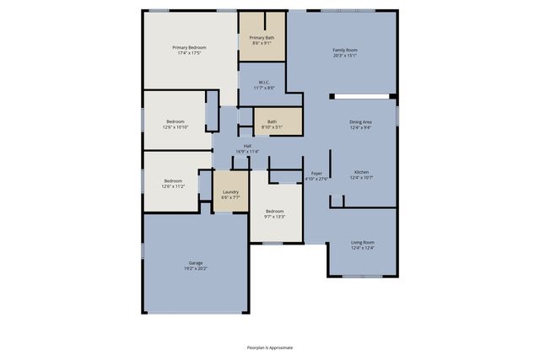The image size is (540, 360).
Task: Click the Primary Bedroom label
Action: pyautogui.click(x=189, y=47)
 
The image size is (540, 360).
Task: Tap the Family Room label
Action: pyautogui.click(x=344, y=51)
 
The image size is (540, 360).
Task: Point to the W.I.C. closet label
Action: pyautogui.click(x=264, y=83)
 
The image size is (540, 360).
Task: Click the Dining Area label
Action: pyautogui.click(x=360, y=122)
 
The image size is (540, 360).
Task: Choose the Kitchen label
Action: pyautogui.click(x=361, y=172)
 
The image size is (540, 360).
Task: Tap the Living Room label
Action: pyautogui.click(x=362, y=243)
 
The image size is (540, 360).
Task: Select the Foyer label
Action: pyautogui.click(x=316, y=173)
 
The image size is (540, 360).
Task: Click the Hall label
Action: pyautogui.click(x=247, y=146)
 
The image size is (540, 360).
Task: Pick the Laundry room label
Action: pyautogui.click(x=230, y=192)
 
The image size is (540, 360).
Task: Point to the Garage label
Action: pyautogui.click(x=196, y=263)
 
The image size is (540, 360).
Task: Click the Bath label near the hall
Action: pyautogui.click(x=272, y=121)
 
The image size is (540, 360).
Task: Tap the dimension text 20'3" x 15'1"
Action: pyautogui.click(x=344, y=56)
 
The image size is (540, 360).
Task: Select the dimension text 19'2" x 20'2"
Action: pyautogui.click(x=196, y=269)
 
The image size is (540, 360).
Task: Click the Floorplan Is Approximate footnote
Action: pyautogui.click(x=270, y=347)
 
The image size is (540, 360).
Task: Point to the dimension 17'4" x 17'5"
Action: pyautogui.click(x=189, y=53)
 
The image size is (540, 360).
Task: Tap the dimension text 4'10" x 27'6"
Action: pyautogui.click(x=316, y=179)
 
